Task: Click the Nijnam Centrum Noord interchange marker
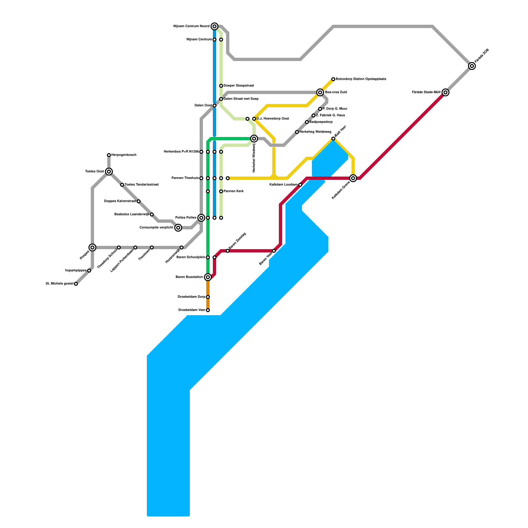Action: [214, 26]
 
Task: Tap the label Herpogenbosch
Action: [124, 155]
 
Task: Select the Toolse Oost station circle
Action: [109, 172]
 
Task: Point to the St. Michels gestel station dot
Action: [76, 284]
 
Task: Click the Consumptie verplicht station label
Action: [156, 228]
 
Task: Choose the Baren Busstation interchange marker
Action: [208, 277]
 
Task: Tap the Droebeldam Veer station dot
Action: [208, 310]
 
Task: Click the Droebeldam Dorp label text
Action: [191, 297]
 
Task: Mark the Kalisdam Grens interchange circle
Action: [353, 178]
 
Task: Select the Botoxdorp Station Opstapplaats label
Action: [361, 79]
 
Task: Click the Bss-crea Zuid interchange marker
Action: [320, 92]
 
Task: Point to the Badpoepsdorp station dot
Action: [307, 122]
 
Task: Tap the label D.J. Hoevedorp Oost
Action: [273, 119]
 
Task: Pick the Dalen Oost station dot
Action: [214, 106]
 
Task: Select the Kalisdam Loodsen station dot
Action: [300, 185]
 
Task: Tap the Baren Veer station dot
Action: [274, 251]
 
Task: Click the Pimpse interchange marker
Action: [92, 247]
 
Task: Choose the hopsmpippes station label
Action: [76, 271]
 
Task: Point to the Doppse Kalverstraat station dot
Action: [139, 201]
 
